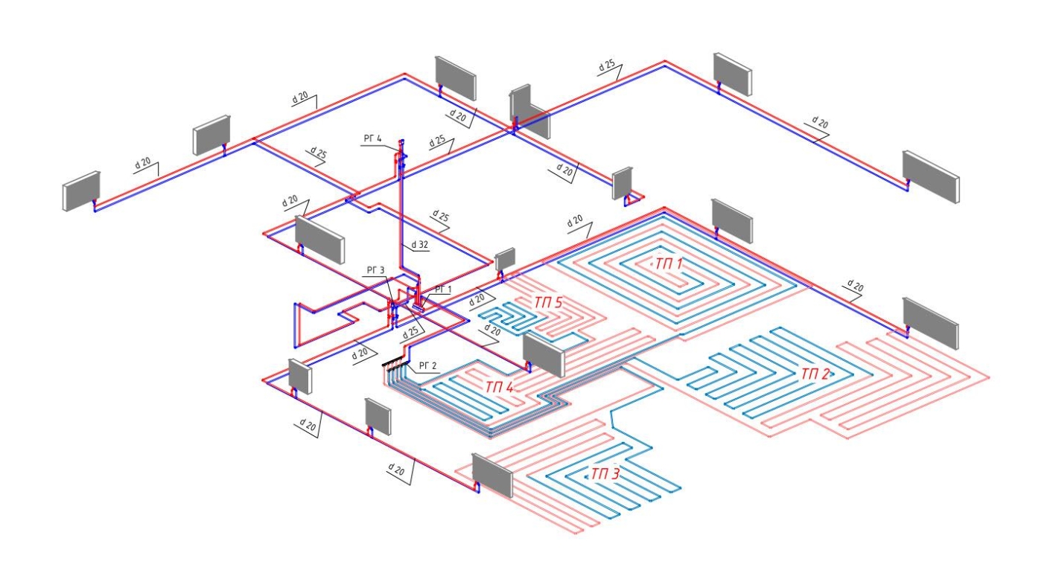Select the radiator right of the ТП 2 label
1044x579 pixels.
(x=930, y=322)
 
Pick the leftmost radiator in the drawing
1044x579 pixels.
(x=81, y=191)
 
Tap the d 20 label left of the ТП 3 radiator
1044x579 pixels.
(x=399, y=468)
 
